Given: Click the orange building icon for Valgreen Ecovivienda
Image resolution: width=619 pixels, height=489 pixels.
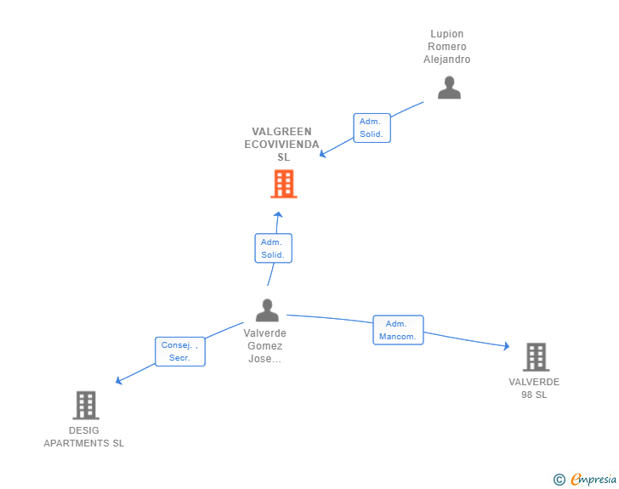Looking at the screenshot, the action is [x=283, y=184].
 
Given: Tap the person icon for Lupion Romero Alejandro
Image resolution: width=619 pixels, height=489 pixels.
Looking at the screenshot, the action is [x=449, y=88].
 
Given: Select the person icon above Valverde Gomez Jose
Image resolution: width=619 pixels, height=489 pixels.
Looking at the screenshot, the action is [x=267, y=310].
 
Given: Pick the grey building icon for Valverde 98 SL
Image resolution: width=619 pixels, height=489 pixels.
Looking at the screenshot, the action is [x=536, y=357].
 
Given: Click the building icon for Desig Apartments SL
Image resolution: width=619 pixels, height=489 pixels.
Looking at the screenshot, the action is [x=86, y=406].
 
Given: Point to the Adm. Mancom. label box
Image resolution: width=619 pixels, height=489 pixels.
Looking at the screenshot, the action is [x=398, y=330].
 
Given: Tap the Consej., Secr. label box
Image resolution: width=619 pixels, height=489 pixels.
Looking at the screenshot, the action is [x=179, y=351].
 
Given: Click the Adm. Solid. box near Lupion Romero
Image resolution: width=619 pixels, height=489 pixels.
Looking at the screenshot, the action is [x=372, y=128].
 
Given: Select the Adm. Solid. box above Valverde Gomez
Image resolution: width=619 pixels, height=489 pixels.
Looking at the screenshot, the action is [x=273, y=248].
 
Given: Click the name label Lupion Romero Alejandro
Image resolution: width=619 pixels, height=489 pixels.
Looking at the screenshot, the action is [x=447, y=47].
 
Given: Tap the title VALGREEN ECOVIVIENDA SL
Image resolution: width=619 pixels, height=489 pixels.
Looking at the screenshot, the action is [x=282, y=145].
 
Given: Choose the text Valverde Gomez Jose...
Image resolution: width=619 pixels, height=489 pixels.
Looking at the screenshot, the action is [x=265, y=346].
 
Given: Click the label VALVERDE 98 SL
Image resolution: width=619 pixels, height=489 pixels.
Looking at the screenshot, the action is [x=534, y=389].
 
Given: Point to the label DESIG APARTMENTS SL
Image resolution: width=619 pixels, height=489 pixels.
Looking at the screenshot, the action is [x=84, y=437].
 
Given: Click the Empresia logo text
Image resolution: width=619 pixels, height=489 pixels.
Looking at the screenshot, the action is [x=593, y=480].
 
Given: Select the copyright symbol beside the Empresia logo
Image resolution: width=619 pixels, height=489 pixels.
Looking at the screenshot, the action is [x=559, y=480].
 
